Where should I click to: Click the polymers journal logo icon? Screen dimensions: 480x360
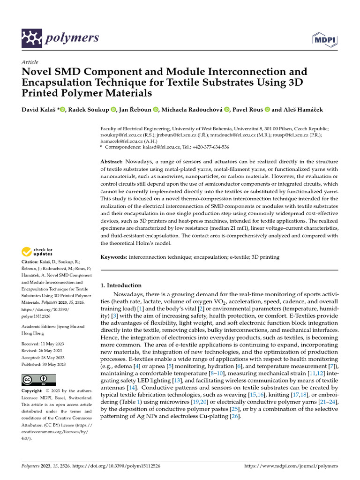click(32, 38)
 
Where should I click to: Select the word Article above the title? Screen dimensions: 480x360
click(30, 62)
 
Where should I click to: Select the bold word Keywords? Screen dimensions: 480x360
click(114, 257)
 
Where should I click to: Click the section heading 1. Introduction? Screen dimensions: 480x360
click(121, 285)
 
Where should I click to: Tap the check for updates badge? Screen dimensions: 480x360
click(37, 252)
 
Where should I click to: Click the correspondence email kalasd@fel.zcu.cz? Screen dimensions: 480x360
click(156, 147)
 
